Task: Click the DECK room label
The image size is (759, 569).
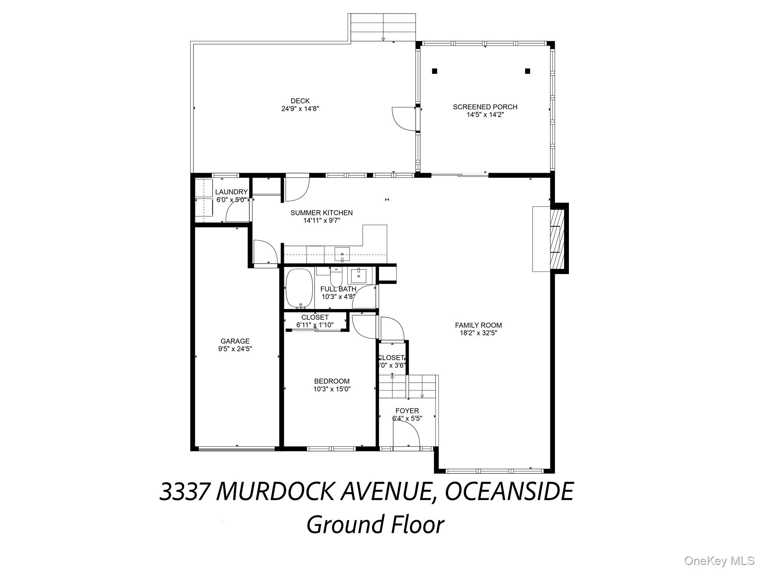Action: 300,101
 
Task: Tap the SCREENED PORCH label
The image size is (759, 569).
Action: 485,107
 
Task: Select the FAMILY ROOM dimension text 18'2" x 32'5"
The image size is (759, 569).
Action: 478,333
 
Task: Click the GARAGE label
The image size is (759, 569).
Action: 235,341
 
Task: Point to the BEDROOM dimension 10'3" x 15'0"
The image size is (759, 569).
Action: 332,389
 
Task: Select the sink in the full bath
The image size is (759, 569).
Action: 358,276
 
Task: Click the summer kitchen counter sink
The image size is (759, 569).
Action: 342,254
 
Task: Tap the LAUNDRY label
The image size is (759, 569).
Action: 231,192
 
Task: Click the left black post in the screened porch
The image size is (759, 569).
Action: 434,71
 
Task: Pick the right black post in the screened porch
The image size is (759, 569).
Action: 527,71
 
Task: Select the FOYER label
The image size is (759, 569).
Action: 407,411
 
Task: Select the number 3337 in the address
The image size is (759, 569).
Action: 185,492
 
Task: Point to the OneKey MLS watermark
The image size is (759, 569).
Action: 719,560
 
